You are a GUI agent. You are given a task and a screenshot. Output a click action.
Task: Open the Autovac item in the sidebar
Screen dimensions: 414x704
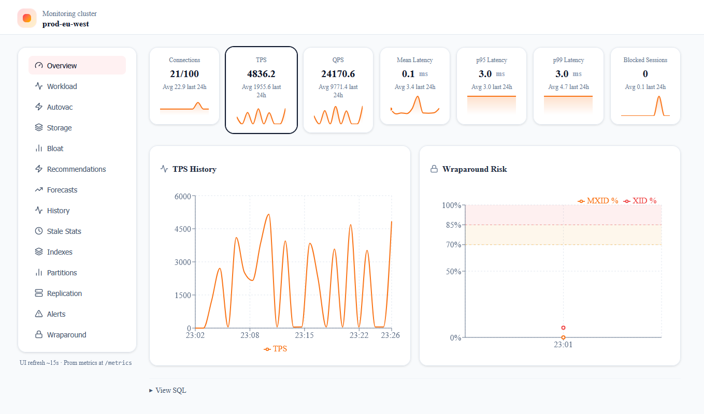[60, 107]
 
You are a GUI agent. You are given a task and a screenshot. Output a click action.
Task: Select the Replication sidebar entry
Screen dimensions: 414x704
[64, 293]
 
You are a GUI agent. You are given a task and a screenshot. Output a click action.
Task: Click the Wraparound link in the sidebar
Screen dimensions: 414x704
[66, 335]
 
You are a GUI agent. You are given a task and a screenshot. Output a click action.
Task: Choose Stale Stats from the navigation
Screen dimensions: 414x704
[64, 231]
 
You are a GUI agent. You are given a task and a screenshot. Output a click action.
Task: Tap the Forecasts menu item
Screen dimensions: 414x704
[62, 190]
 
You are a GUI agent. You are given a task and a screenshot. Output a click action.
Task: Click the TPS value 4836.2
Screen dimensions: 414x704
[261, 74]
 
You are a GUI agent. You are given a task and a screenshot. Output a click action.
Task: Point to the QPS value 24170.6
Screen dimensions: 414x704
[338, 74]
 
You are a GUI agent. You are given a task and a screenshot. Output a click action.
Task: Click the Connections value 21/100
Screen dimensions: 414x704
[184, 74]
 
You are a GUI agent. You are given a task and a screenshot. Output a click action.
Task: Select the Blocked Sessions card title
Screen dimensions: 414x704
[645, 60]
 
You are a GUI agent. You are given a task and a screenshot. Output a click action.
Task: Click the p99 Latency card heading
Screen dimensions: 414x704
[568, 60]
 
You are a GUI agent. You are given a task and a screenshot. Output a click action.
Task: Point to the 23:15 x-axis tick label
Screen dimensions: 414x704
[304, 335]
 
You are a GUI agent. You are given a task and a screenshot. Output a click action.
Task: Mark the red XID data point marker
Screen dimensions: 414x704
[563, 328]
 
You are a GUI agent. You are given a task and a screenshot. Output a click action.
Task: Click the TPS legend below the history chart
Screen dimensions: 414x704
[276, 349]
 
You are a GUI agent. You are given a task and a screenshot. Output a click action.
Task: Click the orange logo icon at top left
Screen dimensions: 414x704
[27, 18]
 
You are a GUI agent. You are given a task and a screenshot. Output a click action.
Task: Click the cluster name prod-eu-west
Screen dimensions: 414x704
[65, 24]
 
